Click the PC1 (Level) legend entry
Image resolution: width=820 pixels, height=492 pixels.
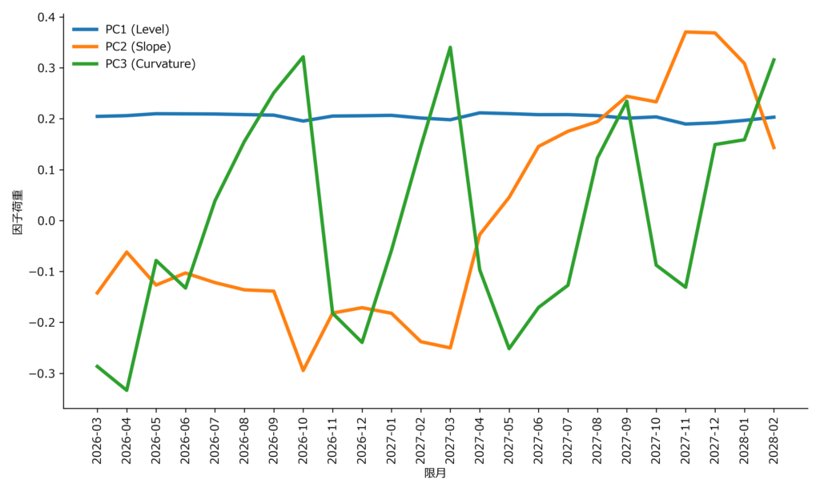(137, 29)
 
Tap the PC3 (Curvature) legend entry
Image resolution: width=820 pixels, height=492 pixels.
(150, 64)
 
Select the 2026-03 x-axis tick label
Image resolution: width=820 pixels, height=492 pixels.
(97, 439)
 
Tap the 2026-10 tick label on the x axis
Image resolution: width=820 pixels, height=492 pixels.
(303, 439)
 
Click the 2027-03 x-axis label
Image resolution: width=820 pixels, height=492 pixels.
(450, 439)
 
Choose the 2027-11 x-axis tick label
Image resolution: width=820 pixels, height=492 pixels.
(685, 439)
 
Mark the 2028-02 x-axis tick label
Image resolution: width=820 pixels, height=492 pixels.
(774, 439)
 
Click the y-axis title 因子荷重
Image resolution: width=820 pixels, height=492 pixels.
(17, 212)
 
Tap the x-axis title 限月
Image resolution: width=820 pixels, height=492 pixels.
(435, 474)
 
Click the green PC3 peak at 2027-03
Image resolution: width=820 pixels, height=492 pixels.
(450, 47)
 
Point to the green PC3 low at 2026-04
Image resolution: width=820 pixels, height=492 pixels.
(127, 390)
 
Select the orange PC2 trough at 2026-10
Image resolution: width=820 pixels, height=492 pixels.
(303, 370)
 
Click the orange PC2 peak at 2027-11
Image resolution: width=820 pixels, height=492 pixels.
(685, 31)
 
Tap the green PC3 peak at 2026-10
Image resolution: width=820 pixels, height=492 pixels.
(303, 56)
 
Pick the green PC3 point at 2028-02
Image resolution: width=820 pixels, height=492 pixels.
(774, 59)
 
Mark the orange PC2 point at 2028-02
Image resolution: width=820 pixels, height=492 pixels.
(774, 148)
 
